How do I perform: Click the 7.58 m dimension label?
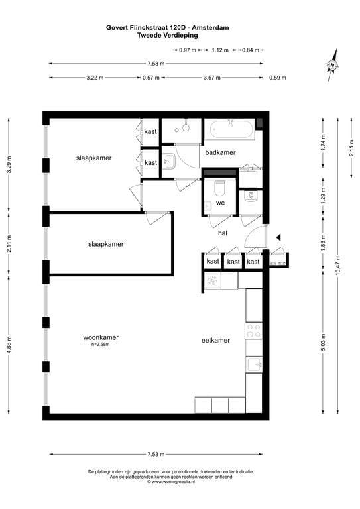pos(156,64)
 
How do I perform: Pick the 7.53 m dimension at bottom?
pos(156,454)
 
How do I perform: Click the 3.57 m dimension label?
pos(211,78)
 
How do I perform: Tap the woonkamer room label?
pos(100,337)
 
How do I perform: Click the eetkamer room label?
pos(215,340)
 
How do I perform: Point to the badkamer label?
pos(220,152)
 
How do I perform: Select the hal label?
pos(223,233)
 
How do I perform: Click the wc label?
pos(220,203)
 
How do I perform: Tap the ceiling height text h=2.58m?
pos(100,345)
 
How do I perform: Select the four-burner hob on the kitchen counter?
pos(254,331)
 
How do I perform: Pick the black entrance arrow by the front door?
pos(279,237)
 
